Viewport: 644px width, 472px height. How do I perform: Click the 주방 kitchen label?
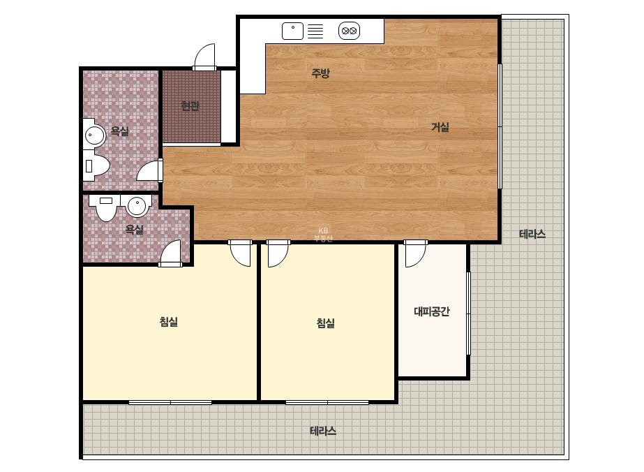320,73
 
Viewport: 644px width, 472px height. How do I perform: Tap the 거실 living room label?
440,128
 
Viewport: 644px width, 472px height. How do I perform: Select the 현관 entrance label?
190,106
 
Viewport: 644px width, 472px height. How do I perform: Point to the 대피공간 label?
432,311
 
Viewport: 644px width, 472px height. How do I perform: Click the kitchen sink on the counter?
293,31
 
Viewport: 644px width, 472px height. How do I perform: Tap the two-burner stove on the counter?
349,31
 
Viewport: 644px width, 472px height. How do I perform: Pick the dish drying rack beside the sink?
315,31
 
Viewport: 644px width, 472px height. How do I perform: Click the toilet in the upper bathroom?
96,165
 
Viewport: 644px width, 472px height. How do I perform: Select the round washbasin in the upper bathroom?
95,135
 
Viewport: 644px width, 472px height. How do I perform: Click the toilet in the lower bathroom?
106,207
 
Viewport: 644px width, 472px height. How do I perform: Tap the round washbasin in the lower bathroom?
137,205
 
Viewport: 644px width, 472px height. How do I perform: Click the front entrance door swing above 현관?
205,57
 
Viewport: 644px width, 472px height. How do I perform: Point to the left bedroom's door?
240,253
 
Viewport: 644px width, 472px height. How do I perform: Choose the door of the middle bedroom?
278,253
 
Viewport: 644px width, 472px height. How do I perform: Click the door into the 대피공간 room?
415,253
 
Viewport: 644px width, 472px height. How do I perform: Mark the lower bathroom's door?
170,253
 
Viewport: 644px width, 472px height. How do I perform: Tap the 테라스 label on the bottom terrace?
323,431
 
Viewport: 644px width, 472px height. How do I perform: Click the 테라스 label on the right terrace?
532,235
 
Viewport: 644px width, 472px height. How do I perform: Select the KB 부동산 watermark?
323,235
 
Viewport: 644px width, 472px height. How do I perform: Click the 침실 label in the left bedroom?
168,321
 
